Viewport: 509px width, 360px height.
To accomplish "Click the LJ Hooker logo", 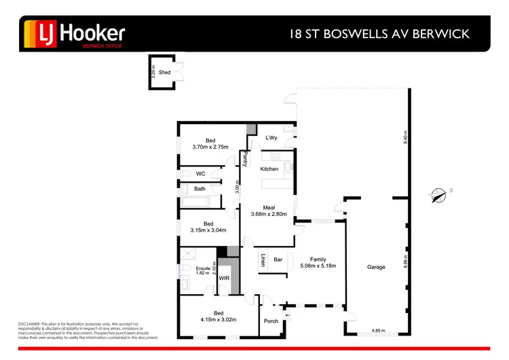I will pos(75,33).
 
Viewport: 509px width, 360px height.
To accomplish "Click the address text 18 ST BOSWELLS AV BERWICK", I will pos(379,34).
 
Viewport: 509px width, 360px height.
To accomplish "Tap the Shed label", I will pos(165,71).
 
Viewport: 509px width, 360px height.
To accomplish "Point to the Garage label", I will pos(376,267).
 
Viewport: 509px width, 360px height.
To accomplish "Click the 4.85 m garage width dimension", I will pos(377,331).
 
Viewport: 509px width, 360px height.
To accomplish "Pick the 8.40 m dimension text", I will pos(405,139).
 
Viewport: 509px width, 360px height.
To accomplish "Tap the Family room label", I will pos(318,259).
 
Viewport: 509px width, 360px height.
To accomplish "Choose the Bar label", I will pos(278,259).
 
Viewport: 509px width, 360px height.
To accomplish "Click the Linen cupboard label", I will pos(263,260).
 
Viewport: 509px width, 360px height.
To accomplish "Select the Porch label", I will pos(271,321).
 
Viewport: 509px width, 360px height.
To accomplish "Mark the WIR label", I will pos(223,278).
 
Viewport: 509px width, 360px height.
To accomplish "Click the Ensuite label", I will pos(203,269).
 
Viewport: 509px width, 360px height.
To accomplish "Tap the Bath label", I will pos(200,189).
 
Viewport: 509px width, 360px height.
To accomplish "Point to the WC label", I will pos(200,174).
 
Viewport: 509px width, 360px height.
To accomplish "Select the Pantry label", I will pos(245,158).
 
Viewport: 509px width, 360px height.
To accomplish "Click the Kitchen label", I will pos(269,168).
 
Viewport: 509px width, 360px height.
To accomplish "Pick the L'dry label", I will pos(271,138).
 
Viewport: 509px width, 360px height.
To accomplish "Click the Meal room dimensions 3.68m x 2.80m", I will pos(269,214).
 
